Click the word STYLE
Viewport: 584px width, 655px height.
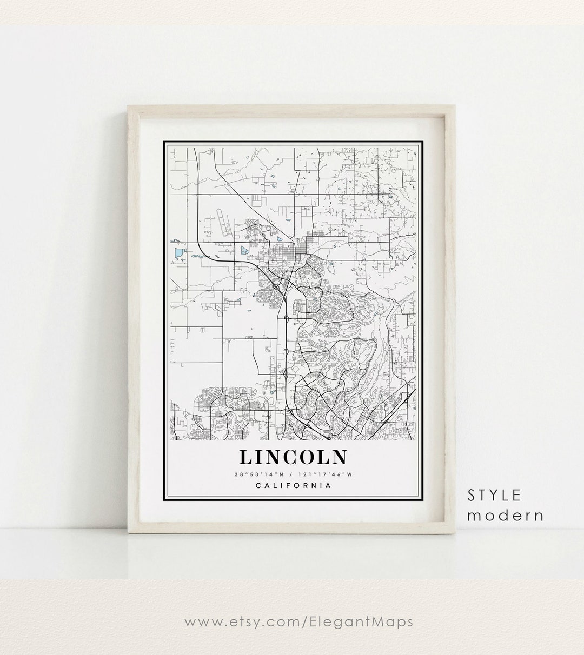point(495,495)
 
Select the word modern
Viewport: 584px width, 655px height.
point(505,515)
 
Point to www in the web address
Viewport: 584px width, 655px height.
point(203,622)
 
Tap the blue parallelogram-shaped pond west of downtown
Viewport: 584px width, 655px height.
point(243,250)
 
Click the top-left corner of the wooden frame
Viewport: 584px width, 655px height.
point(128,106)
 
